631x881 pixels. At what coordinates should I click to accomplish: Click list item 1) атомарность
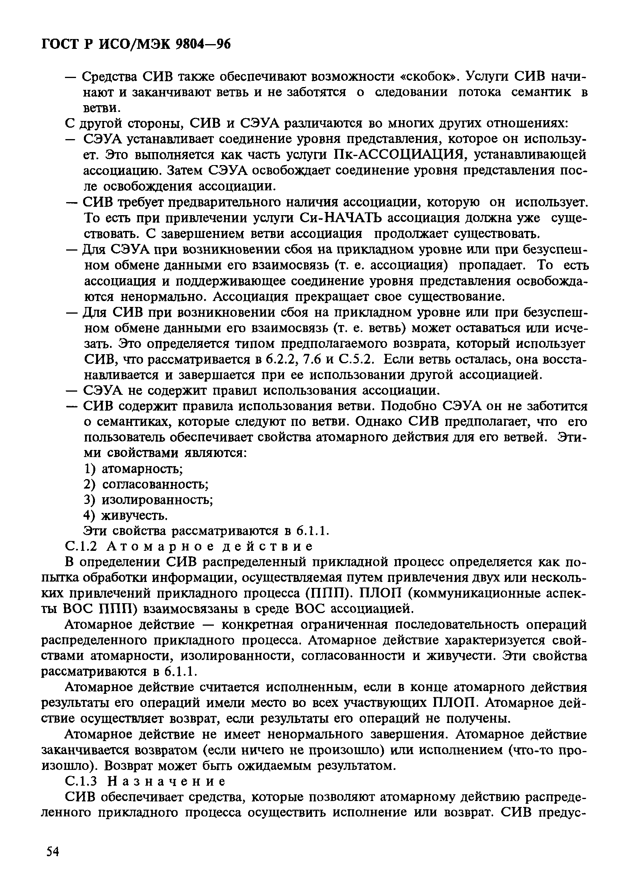pyautogui.click(x=134, y=469)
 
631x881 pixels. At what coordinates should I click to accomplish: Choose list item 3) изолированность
pyautogui.click(x=149, y=500)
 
